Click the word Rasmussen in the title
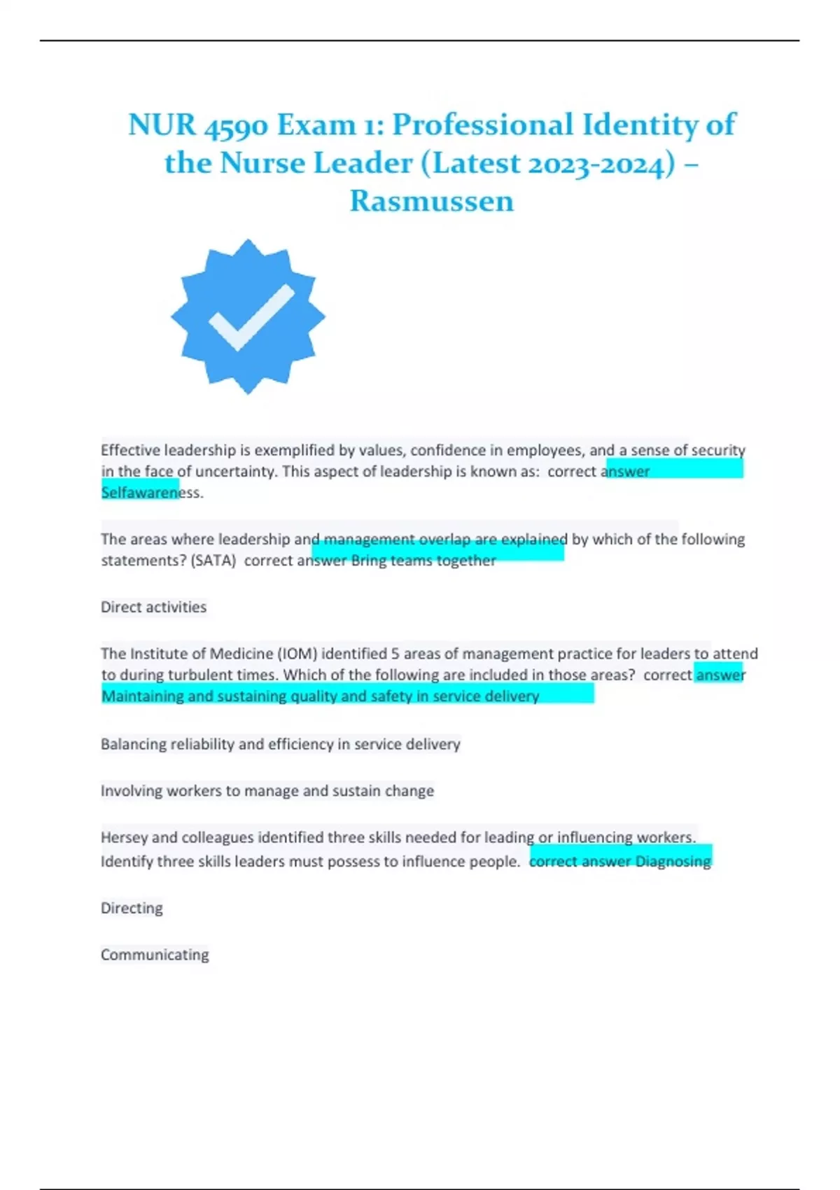[x=432, y=201]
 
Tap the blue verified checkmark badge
[x=248, y=316]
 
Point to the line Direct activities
[x=153, y=607]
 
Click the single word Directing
[x=132, y=908]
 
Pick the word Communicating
[x=155, y=955]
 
